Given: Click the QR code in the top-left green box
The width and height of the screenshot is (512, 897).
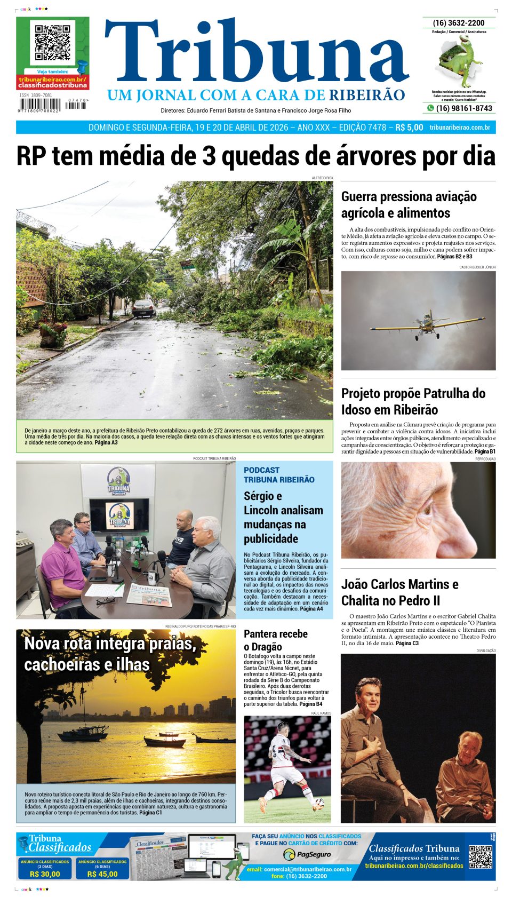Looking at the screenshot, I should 52,42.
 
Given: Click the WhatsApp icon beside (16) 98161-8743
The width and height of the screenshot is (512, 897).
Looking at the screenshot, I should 430,108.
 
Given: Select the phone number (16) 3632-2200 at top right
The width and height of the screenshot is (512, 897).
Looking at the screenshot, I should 459,23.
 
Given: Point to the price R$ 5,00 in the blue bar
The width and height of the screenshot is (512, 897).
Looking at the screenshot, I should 409,128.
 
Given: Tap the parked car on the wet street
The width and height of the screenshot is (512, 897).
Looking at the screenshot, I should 143,308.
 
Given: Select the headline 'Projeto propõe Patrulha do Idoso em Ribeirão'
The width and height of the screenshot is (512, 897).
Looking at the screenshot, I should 413,401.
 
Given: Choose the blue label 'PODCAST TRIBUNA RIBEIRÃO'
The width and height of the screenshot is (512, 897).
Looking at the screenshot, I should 279,475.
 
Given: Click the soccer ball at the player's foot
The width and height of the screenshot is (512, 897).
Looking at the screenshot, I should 319,801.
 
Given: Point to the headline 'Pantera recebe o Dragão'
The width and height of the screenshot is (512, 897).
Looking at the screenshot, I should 276,640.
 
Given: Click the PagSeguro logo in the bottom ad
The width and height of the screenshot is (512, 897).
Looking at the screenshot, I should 307,854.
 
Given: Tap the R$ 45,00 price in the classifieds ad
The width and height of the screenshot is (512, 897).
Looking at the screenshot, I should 102,874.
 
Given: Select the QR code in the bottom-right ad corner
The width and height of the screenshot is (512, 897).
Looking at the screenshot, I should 480,857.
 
